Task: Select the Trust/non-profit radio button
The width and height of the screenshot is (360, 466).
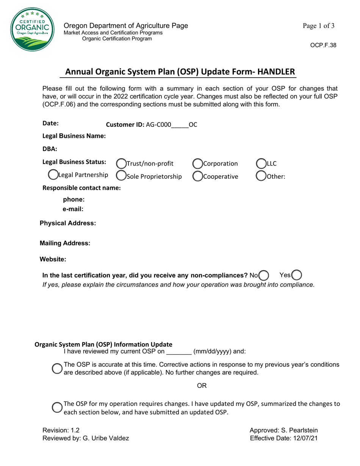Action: (121, 164)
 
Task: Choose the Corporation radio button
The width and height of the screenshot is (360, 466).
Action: (198, 164)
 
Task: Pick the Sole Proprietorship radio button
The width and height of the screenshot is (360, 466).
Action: (121, 176)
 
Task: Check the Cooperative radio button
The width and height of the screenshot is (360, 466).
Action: (198, 176)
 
